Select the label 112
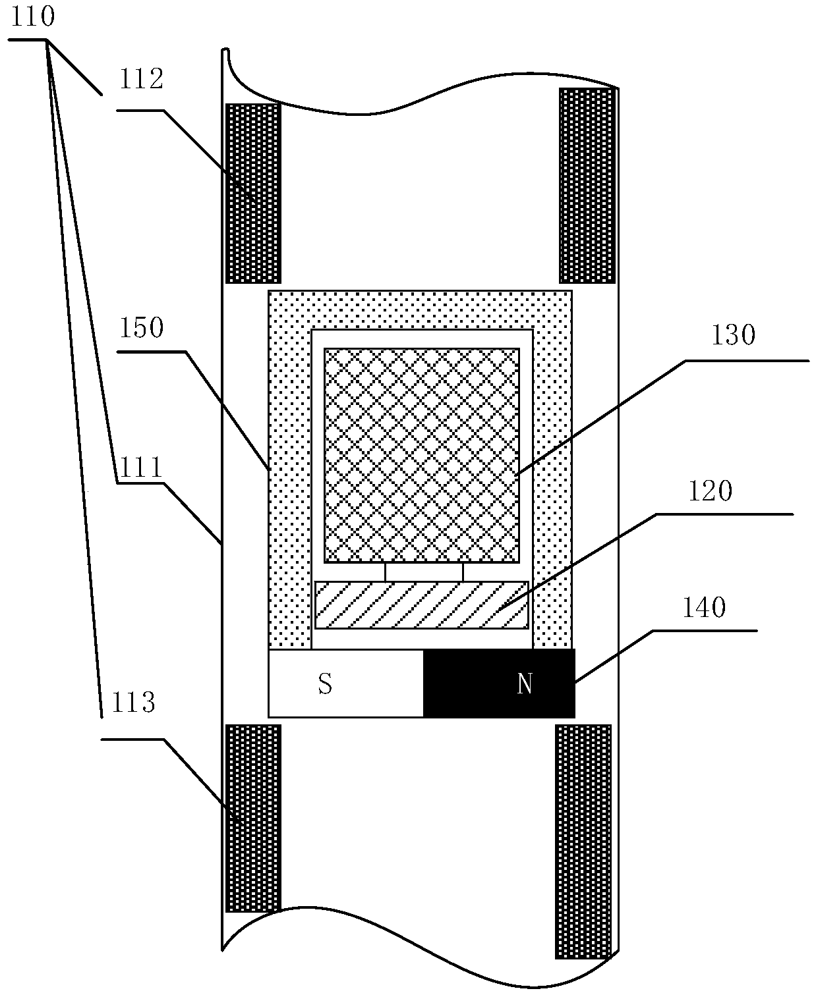pos(140,80)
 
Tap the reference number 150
pos(140,328)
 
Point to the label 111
pos(139,468)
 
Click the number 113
pos(132,703)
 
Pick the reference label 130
pos(733,336)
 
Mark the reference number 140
pos(703,608)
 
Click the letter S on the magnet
pos(325,685)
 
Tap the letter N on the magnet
pos(525,685)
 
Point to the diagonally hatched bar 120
pos(422,605)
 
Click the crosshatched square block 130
pos(421,455)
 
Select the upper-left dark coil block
pos(253,193)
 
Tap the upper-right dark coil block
pos(587,185)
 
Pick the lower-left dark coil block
pos(253,818)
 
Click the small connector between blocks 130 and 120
pos(424,573)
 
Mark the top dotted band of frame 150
pos(420,309)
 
